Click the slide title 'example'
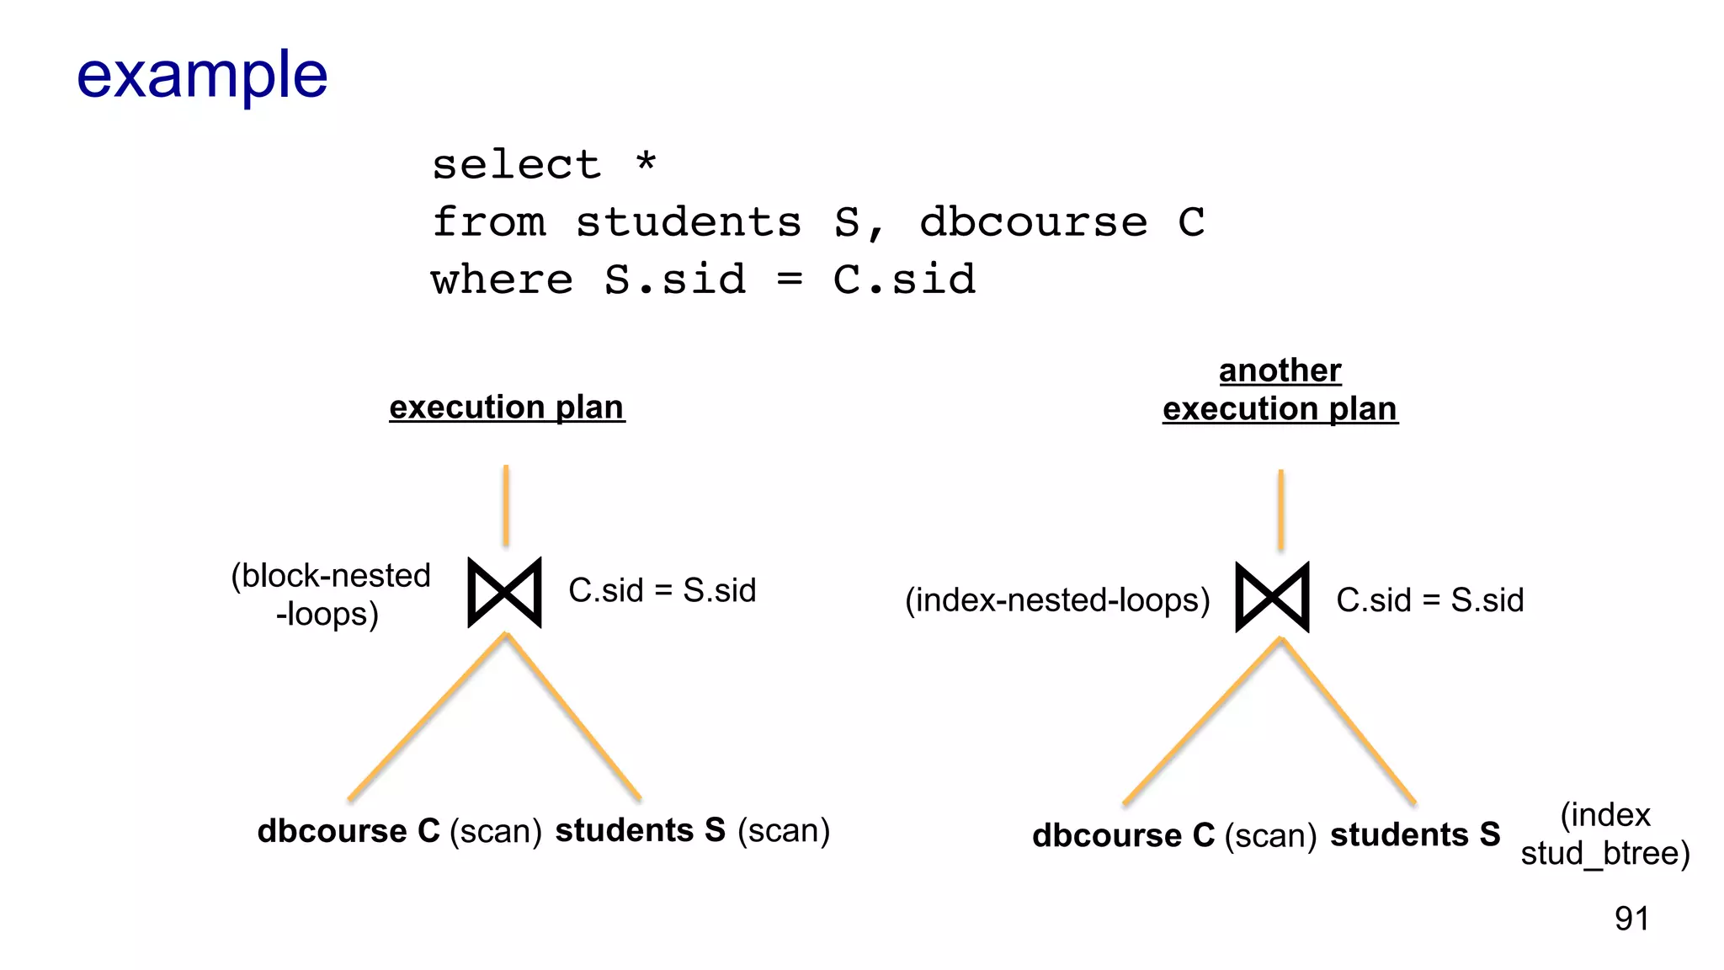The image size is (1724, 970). click(202, 76)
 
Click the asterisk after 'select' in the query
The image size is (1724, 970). click(646, 160)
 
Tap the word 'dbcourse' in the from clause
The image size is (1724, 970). click(1033, 222)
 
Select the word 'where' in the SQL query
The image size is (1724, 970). click(502, 280)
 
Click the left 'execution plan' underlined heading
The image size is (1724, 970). click(507, 408)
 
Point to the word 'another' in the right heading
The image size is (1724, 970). click(1280, 370)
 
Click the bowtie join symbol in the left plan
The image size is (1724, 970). click(504, 592)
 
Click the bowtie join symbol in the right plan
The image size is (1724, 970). click(1272, 597)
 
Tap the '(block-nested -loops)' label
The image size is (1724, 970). click(330, 594)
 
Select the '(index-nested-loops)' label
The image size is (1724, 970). click(1057, 600)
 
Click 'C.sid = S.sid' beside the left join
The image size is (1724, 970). click(662, 590)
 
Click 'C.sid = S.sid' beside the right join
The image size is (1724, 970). click(1429, 600)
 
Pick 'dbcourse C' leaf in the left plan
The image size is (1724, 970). click(349, 831)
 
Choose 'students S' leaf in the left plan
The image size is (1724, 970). click(640, 830)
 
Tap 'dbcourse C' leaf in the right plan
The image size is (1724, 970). click(1123, 835)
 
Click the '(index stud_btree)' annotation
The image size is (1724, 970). click(1604, 834)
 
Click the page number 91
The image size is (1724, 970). click(1631, 919)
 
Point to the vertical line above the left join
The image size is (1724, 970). click(506, 505)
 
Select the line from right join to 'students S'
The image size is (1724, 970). click(1348, 721)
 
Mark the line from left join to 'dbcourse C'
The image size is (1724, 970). click(428, 717)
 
